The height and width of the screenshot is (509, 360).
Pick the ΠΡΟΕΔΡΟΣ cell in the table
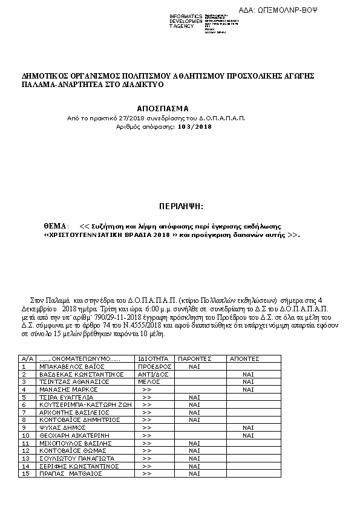(x=155, y=366)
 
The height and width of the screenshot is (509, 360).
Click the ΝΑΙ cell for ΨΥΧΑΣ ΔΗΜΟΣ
(x=248, y=427)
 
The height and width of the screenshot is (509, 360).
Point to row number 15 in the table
(x=25, y=473)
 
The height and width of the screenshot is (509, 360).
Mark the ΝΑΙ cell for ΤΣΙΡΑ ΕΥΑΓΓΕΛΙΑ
(x=194, y=397)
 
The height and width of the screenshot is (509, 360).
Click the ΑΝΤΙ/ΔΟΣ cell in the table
(x=154, y=374)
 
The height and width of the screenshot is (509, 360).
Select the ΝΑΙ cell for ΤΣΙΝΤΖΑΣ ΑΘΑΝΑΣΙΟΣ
(x=248, y=382)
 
